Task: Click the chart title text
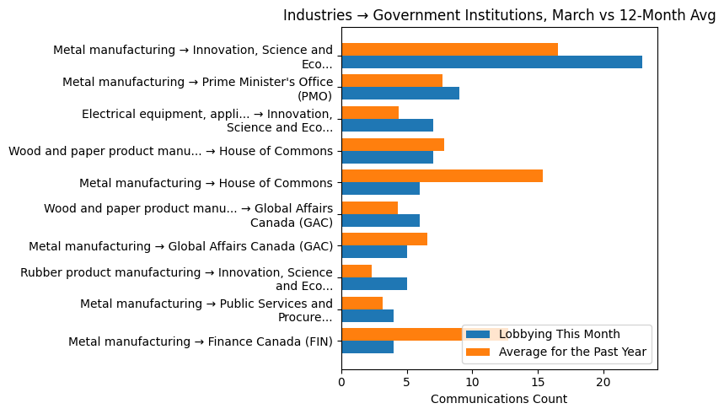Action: coord(499,15)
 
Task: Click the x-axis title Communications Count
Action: coord(499,399)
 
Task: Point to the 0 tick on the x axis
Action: coord(341,382)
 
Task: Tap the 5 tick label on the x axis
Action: coord(407,382)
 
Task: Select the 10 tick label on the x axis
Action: coord(472,382)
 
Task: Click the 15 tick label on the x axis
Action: coord(538,382)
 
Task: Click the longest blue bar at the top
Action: coord(491,62)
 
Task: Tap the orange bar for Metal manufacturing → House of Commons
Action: coord(442,175)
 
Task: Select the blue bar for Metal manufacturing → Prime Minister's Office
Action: coord(400,94)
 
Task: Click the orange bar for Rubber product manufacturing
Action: coord(357,271)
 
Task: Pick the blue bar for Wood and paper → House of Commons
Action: coord(387,157)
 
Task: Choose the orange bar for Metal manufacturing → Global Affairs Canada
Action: coord(384,239)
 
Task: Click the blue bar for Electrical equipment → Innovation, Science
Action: coord(387,126)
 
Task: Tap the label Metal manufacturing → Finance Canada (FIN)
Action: coord(201,341)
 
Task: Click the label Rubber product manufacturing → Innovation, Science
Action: coord(176,278)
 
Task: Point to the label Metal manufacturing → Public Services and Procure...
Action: coord(206,310)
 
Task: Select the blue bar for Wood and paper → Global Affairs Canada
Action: coord(380,220)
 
